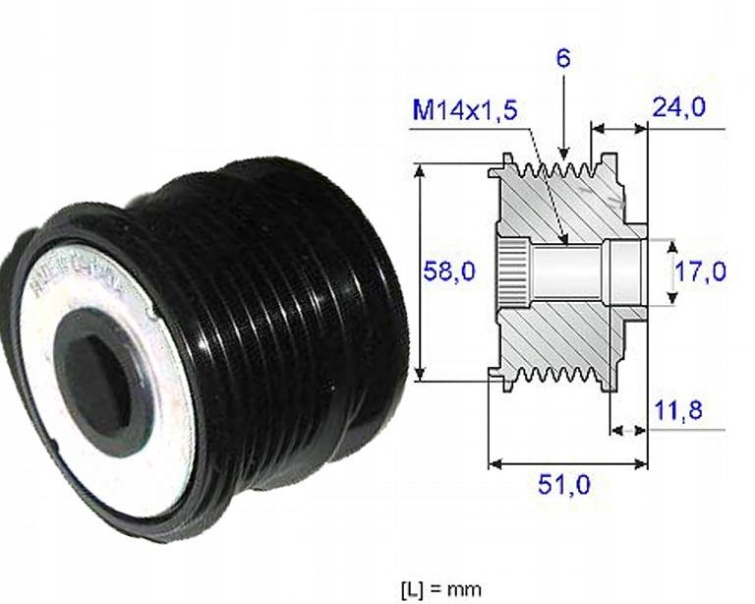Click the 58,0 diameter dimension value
[x=447, y=271]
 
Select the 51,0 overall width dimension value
[x=566, y=485]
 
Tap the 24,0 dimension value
[x=679, y=107]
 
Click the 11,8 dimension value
[x=677, y=410]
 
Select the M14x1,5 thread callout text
[x=464, y=110]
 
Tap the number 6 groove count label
[x=562, y=58]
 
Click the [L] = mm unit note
[x=441, y=588]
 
